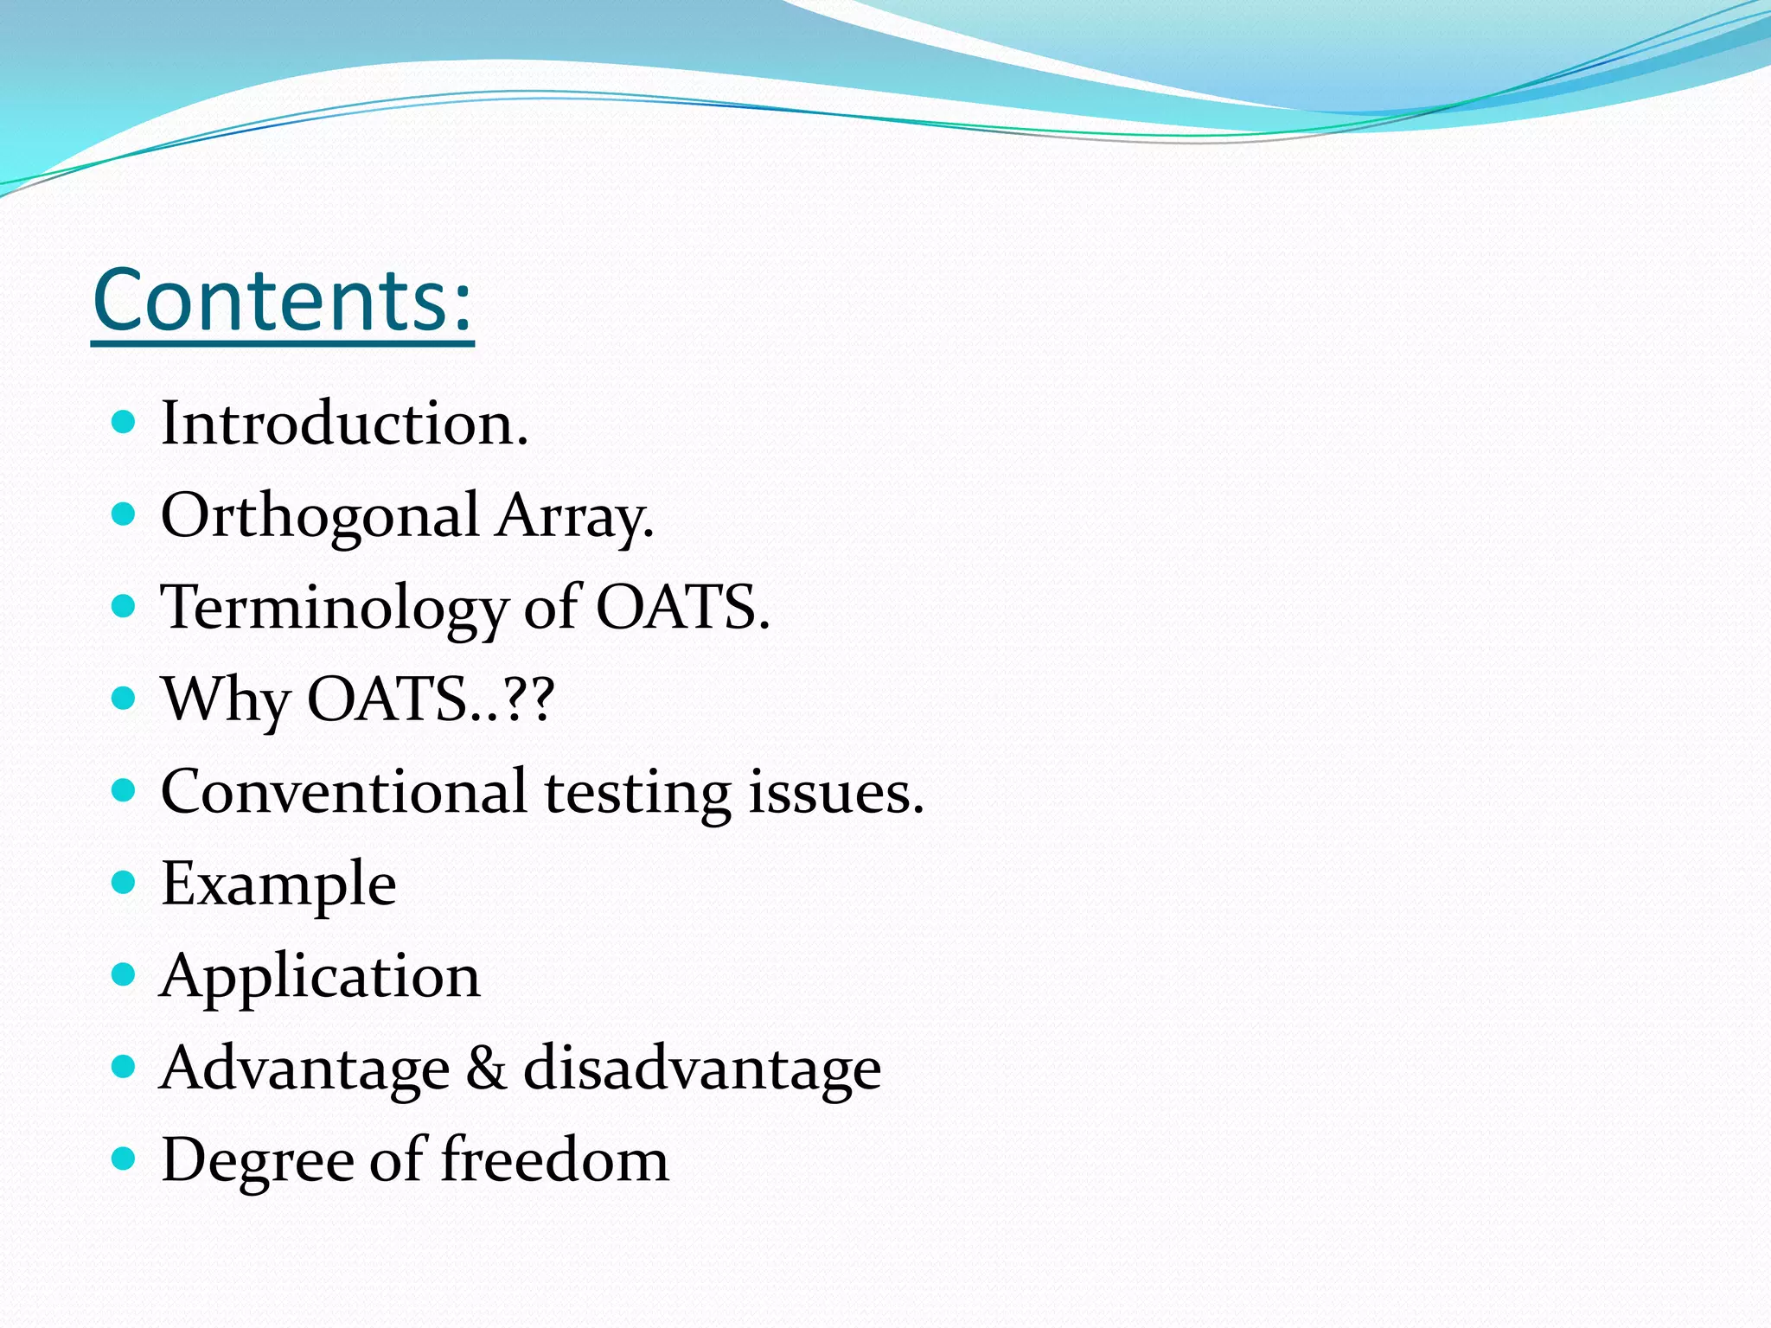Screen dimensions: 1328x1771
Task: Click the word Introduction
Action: coord(344,424)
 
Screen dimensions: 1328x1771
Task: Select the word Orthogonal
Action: coord(320,517)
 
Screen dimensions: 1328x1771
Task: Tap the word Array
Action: coord(574,517)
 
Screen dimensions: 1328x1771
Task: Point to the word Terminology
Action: coord(334,609)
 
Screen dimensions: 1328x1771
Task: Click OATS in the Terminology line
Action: coord(681,607)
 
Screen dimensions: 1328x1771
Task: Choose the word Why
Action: coord(226,700)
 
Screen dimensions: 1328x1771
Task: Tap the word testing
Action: coord(637,794)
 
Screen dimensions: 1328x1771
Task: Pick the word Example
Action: coord(278,885)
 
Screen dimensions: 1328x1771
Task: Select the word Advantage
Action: coord(305,1069)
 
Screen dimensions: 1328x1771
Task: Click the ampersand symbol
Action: coord(486,1068)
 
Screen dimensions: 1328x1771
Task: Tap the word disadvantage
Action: coord(702,1069)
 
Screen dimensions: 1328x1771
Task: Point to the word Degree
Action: coord(257,1161)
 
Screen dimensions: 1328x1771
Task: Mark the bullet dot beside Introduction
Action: coord(125,422)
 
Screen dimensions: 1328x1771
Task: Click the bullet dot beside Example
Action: coord(125,883)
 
